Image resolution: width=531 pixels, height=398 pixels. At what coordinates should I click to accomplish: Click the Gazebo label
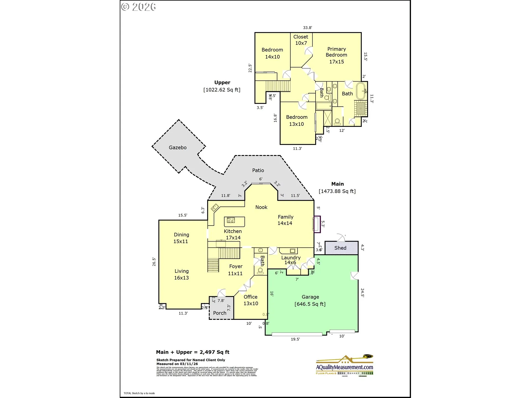pyautogui.click(x=178, y=148)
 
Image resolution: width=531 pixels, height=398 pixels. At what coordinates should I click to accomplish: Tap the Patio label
pyautogui.click(x=258, y=171)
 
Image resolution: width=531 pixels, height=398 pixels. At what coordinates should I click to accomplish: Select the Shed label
pyautogui.click(x=340, y=248)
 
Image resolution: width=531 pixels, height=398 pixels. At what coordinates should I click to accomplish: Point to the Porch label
pyautogui.click(x=220, y=313)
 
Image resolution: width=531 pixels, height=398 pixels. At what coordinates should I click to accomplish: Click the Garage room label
pyautogui.click(x=310, y=297)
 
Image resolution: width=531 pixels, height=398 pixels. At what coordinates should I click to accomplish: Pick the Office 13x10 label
pyautogui.click(x=251, y=300)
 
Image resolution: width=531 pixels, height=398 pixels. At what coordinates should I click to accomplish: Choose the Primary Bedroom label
pyautogui.click(x=337, y=55)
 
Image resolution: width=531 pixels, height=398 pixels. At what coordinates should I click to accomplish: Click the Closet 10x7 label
pyautogui.click(x=301, y=40)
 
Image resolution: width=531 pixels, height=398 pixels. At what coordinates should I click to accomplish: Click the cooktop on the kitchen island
pyautogui.click(x=231, y=220)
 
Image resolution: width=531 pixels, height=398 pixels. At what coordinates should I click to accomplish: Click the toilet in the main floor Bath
pyautogui.click(x=261, y=270)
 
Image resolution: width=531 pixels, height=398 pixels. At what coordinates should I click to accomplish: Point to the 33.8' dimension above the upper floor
pyautogui.click(x=308, y=28)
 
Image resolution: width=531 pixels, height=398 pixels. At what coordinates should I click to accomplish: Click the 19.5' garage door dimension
pyautogui.click(x=295, y=339)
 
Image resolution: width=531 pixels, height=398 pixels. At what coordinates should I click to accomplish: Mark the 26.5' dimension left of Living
pyautogui.click(x=154, y=262)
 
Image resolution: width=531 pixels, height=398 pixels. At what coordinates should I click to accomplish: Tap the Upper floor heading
pyautogui.click(x=222, y=82)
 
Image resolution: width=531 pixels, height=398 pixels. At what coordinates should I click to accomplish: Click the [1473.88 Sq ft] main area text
pyautogui.click(x=337, y=191)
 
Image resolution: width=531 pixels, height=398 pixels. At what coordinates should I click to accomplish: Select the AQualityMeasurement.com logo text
pyautogui.click(x=345, y=367)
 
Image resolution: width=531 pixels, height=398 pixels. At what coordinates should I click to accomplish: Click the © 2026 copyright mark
pyautogui.click(x=139, y=7)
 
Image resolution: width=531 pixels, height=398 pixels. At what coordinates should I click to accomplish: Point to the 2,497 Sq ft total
pyautogui.click(x=214, y=352)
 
